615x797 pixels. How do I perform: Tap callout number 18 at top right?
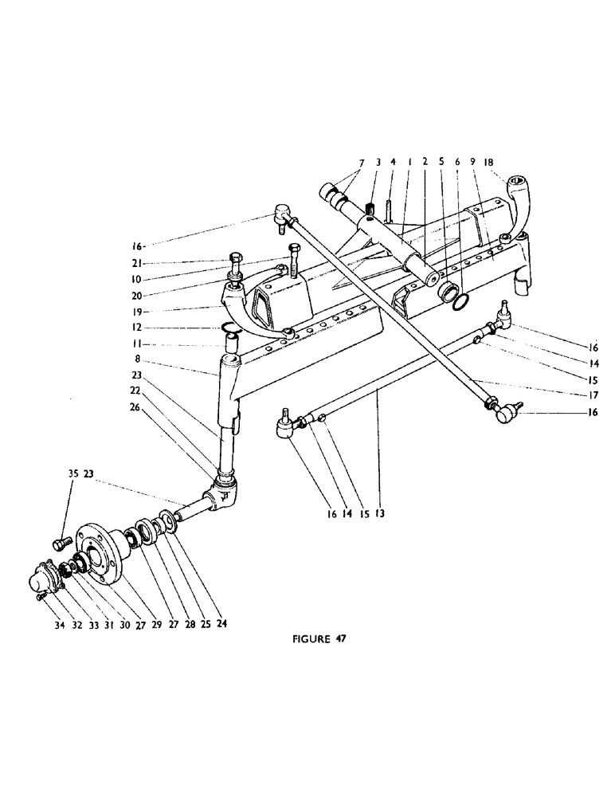(491, 161)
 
